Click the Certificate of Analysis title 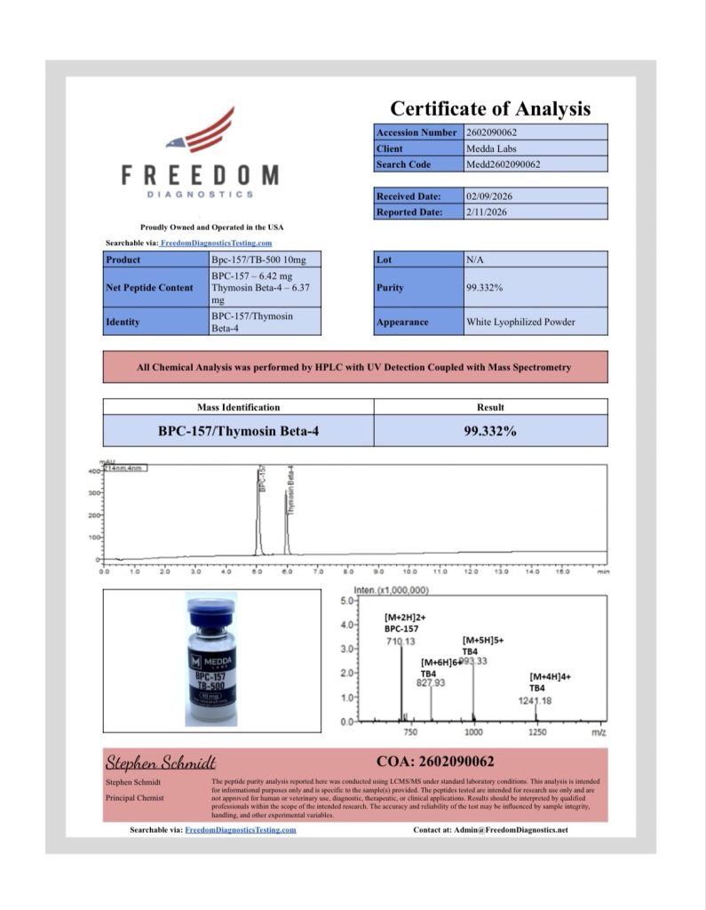[x=490, y=108]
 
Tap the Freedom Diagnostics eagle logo [x=202, y=132]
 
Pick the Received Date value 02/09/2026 [x=490, y=196]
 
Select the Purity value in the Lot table [x=487, y=288]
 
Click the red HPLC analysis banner [x=355, y=367]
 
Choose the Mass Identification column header [x=238, y=407]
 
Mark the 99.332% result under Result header [x=490, y=430]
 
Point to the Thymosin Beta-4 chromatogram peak [x=287, y=524]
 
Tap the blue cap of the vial [x=211, y=614]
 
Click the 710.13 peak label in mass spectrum [x=402, y=641]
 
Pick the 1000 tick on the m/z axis [x=473, y=732]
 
